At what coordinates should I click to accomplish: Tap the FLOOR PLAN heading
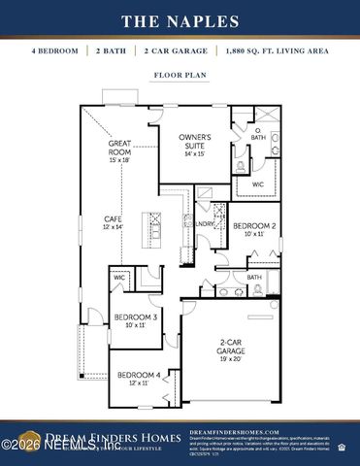coord(180,74)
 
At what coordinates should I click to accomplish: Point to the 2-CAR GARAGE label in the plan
coord(231,345)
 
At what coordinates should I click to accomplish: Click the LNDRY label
coord(204,222)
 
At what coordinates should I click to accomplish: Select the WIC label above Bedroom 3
coord(119,278)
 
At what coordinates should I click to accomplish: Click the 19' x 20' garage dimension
coord(231,357)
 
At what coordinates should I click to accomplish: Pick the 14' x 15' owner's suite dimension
coord(194,153)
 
